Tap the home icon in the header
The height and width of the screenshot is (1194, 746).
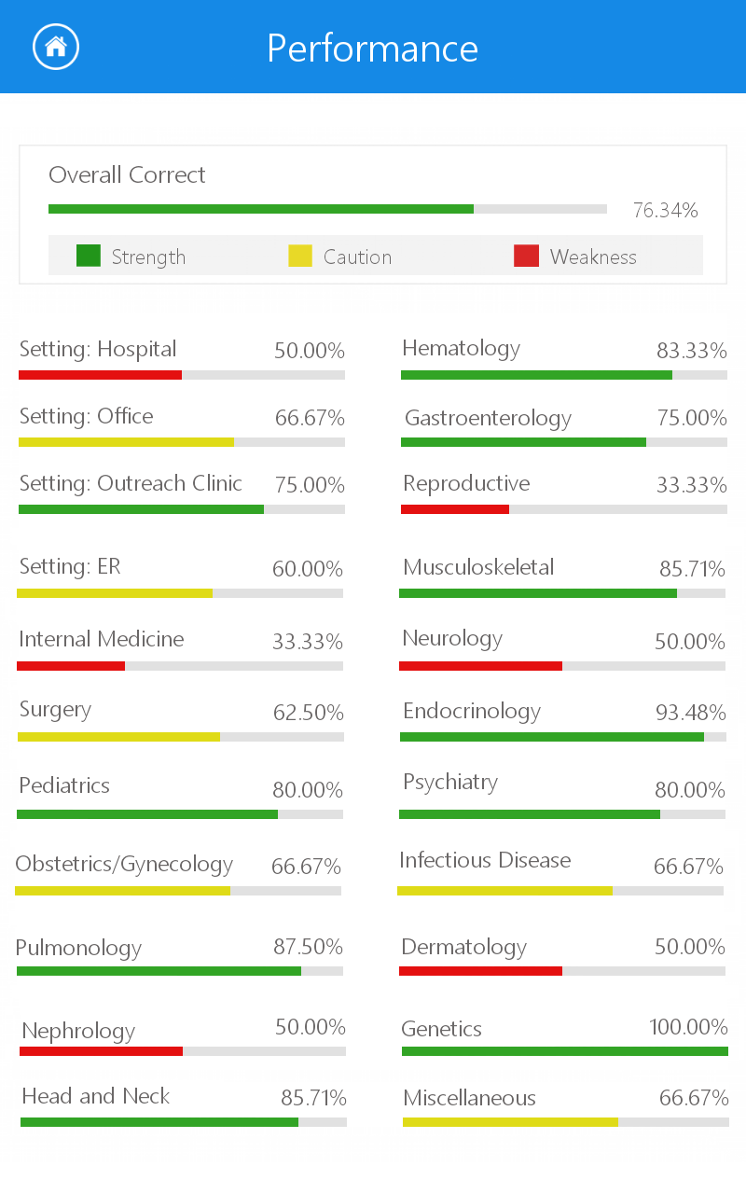[56, 47]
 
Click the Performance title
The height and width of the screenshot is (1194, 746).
[372, 49]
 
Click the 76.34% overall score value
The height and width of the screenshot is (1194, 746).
[665, 211]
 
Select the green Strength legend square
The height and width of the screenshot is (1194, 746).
[88, 256]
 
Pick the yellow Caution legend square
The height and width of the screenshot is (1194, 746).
[300, 256]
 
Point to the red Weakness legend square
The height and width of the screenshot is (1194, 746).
[526, 256]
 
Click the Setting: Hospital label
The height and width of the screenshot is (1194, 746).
[98, 350]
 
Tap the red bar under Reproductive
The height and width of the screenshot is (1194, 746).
[455, 509]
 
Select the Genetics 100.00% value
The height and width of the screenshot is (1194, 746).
[688, 1028]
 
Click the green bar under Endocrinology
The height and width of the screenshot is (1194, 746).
[551, 737]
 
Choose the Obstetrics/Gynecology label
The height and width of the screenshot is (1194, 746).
[124, 865]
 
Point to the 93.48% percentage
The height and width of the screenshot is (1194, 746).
[690, 714]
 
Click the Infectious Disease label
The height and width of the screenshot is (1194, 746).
[485, 861]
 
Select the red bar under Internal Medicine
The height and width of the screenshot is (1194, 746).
[71, 666]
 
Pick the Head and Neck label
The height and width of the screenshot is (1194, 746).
[95, 1097]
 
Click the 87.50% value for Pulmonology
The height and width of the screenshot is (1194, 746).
[308, 947]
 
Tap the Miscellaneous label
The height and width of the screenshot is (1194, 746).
[469, 1099]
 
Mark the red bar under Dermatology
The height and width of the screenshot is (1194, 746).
[480, 971]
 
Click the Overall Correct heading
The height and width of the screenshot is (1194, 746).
[127, 175]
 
